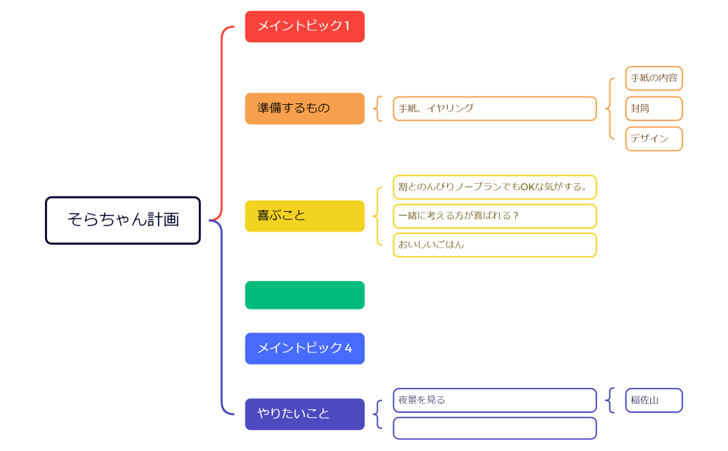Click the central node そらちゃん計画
123,220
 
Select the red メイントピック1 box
304,26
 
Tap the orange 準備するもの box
304,108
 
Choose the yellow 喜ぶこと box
304,216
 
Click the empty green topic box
304,295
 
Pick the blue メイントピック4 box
304,348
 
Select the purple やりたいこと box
304,414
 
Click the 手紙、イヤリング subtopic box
494,108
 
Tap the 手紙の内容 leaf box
654,78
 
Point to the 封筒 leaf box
654,109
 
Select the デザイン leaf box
654,139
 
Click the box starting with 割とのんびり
494,187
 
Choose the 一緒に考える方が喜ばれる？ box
494,216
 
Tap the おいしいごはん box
494,245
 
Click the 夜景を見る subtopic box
494,400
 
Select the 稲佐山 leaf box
654,400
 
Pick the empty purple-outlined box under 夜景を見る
494,428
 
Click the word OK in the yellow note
528,187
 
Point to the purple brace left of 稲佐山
609,400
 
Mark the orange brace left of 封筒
609,109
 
